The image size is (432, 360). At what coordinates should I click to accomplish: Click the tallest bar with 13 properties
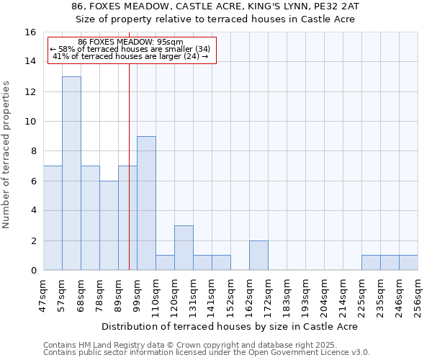[x=71, y=173]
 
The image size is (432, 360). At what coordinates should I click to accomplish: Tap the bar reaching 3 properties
[x=184, y=248]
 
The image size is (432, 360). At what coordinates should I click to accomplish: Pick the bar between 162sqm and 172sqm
[x=258, y=255]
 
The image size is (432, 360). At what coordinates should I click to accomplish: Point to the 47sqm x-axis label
[x=44, y=295]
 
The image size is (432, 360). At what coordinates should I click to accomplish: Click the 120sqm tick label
[x=175, y=295]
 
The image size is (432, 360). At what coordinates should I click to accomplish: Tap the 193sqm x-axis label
[x=306, y=295]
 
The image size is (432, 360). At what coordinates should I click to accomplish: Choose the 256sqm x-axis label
[x=418, y=295]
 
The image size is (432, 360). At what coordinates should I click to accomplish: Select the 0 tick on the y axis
[x=33, y=271]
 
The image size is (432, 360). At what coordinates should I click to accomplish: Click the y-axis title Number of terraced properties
[x=8, y=155]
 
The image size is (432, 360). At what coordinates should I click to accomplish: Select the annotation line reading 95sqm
[x=130, y=42]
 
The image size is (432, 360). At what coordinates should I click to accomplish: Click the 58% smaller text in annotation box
[x=130, y=49]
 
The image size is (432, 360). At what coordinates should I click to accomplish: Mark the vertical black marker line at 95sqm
[x=129, y=180]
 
